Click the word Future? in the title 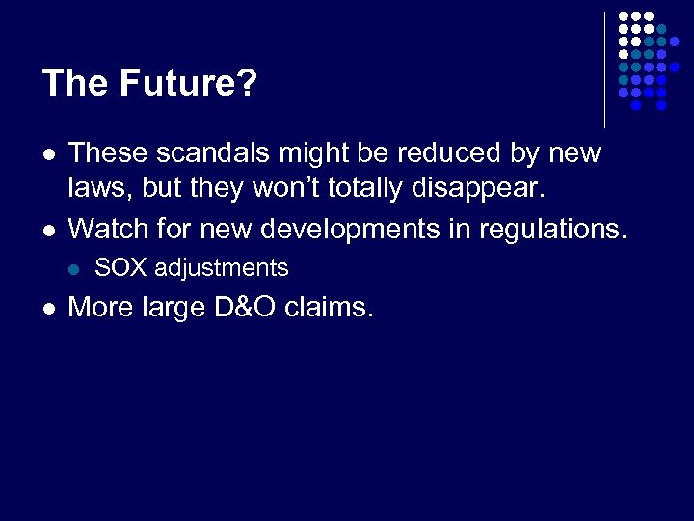[x=189, y=84]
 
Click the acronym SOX [x=117, y=268]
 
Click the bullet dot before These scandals [x=48, y=154]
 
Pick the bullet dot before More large [x=48, y=309]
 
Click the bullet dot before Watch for [x=48, y=230]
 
